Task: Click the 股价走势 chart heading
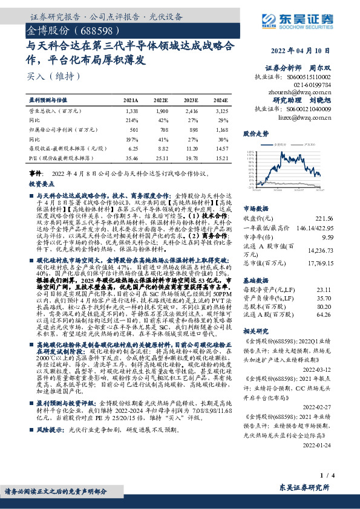(x=256, y=133)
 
